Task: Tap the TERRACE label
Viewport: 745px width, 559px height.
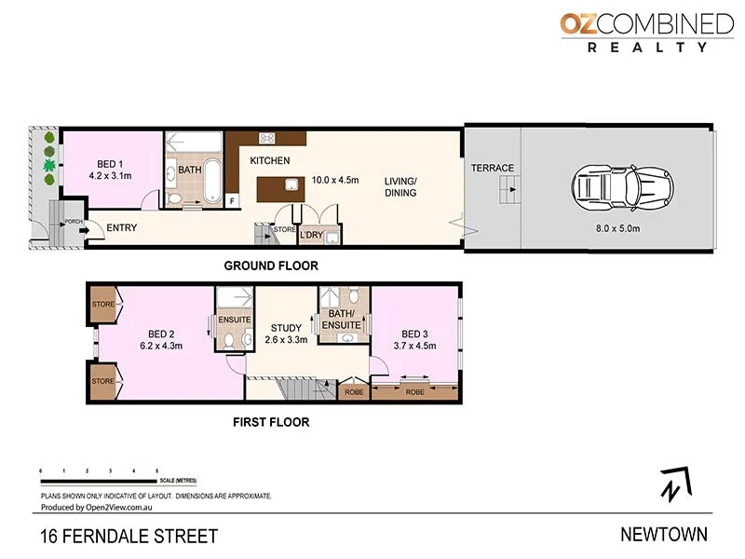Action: [x=492, y=168]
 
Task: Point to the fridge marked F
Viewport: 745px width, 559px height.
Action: [x=231, y=199]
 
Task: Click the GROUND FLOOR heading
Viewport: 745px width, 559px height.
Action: [x=271, y=266]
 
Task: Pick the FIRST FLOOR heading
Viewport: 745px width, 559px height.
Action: [x=271, y=422]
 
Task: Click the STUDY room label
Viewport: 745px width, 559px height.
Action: [x=286, y=328]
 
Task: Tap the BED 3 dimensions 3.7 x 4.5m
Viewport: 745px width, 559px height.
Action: [x=414, y=346]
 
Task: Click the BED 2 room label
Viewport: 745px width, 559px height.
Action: [x=162, y=334]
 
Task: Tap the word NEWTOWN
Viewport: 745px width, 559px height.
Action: [x=663, y=535]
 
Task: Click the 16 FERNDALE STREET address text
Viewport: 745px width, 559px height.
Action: [x=129, y=536]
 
